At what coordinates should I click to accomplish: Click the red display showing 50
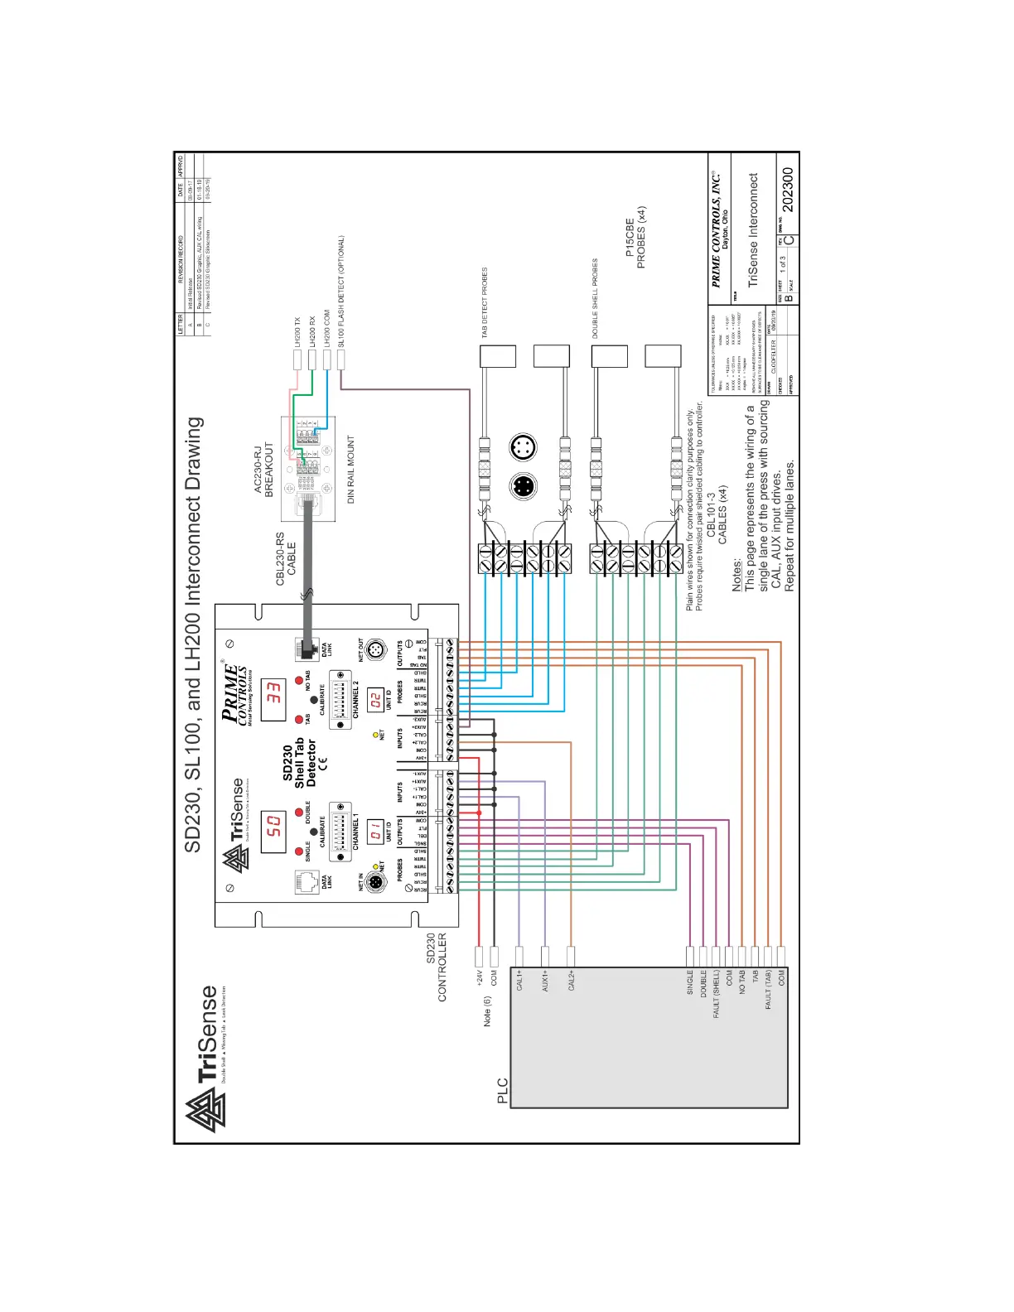273,832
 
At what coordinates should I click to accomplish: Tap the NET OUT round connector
374,650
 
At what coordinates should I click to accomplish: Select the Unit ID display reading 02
375,700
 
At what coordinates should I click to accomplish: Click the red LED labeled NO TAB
299,681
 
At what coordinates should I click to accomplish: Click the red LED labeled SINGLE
299,851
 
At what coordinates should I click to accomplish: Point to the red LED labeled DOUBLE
299,813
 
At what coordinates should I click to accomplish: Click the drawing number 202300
788,190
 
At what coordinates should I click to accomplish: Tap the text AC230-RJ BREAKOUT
263,469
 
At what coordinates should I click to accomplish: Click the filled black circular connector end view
522,485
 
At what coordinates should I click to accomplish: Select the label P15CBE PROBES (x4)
635,238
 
